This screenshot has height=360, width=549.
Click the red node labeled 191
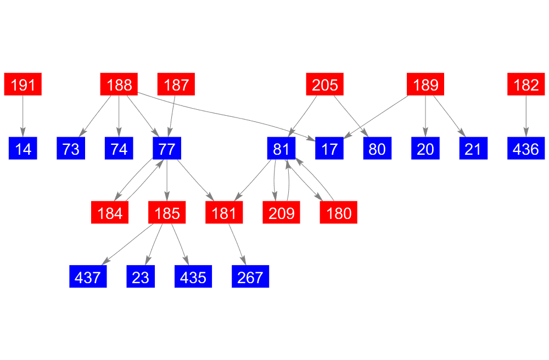(x=23, y=84)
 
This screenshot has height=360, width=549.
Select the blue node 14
(x=23, y=148)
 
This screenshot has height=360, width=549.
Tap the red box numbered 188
(x=119, y=84)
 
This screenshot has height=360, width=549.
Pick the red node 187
(x=176, y=84)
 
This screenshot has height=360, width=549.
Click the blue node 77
(x=167, y=148)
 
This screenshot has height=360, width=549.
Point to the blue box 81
(x=281, y=148)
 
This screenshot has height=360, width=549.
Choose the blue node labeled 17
(x=329, y=148)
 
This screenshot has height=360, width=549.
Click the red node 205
(x=325, y=84)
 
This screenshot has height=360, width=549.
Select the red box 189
(x=425, y=84)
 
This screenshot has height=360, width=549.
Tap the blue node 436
(x=526, y=148)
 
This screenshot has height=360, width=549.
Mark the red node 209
(x=281, y=212)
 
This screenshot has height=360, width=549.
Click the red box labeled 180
(x=339, y=212)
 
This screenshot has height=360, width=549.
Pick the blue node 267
(x=250, y=277)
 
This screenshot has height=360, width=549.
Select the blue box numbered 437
(x=88, y=277)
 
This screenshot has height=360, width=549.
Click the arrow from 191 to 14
(x=23, y=116)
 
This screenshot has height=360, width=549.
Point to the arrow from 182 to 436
(x=526, y=116)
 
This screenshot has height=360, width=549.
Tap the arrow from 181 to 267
(x=237, y=244)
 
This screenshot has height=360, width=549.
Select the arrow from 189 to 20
(x=425, y=116)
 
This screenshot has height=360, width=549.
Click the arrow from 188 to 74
(x=119, y=116)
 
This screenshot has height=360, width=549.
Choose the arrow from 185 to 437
(x=127, y=244)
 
